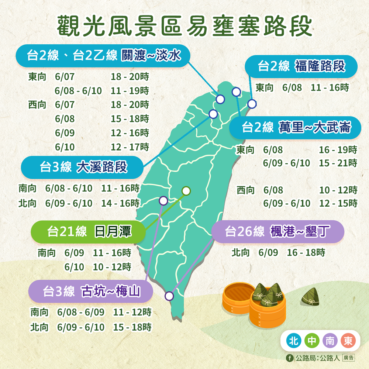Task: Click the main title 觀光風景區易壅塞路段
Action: [x=184, y=26]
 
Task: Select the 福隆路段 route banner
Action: [x=301, y=66]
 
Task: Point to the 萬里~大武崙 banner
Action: [x=295, y=128]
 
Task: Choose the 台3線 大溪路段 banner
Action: [x=82, y=167]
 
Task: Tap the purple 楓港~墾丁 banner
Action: [x=277, y=232]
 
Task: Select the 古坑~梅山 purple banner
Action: [x=91, y=291]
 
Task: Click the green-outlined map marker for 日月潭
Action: [x=186, y=191]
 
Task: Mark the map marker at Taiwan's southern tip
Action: [x=169, y=296]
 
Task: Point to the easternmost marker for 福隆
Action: [x=252, y=104]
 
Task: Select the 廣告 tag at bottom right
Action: [x=348, y=358]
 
